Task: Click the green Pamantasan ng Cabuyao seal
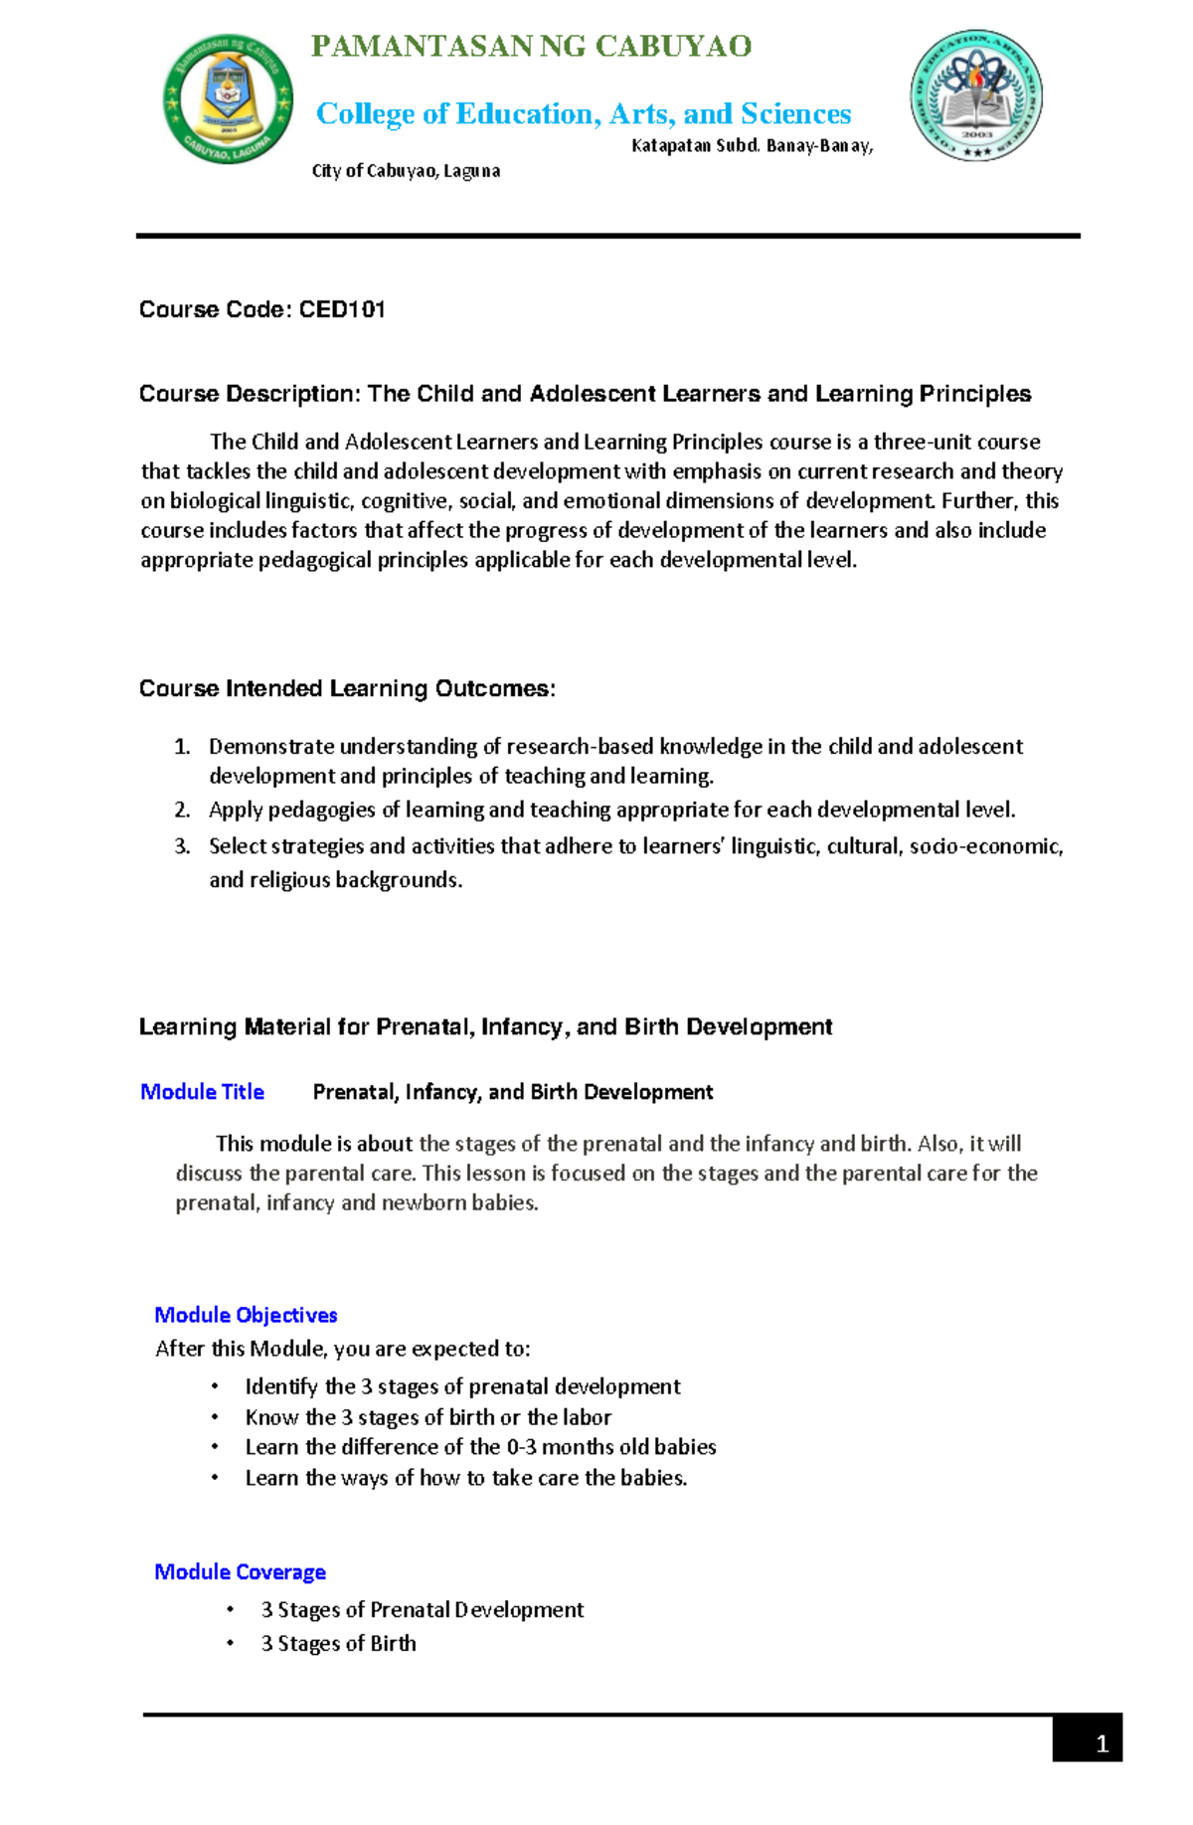tap(228, 98)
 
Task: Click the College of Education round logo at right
tap(975, 95)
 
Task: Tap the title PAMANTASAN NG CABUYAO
tap(531, 47)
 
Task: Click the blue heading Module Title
tap(202, 1092)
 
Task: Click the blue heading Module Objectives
tap(246, 1315)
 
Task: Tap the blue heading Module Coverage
tap(240, 1571)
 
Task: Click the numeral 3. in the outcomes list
tap(182, 846)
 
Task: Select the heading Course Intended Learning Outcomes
tap(347, 688)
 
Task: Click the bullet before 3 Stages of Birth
tap(231, 1643)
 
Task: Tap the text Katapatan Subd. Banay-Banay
tap(752, 146)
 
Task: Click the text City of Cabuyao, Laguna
tap(406, 171)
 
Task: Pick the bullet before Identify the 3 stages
tap(215, 1386)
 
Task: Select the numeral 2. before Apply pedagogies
tap(182, 810)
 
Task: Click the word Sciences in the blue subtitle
tap(795, 113)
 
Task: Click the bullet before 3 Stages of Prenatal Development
tap(231, 1609)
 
